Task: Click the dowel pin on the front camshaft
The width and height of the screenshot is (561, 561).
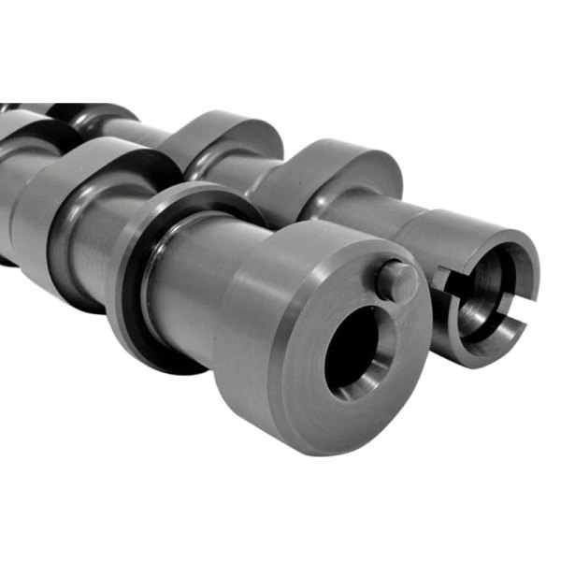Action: [397, 280]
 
